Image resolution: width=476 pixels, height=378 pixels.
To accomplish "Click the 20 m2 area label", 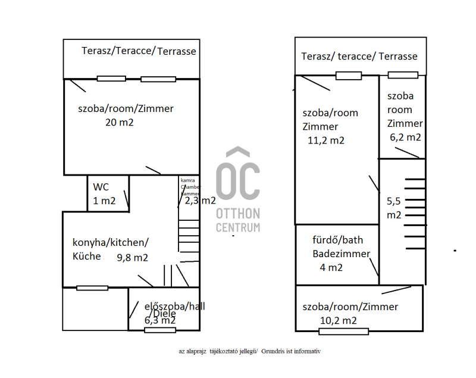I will [119, 123].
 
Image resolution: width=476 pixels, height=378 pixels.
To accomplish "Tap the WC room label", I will [101, 187].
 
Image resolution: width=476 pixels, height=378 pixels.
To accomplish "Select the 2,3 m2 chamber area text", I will [200, 201].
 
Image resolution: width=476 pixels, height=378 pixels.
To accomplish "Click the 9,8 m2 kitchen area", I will [132, 258].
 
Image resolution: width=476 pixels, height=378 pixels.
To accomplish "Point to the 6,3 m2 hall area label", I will [160, 320].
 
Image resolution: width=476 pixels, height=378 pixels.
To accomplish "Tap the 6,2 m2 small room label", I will [405, 137].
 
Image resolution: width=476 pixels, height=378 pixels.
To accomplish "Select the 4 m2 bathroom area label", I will [332, 267].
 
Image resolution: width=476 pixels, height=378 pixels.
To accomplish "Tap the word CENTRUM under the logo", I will [237, 227].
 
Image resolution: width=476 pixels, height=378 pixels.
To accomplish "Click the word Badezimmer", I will [342, 254].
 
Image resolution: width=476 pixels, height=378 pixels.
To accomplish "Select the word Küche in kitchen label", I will [87, 257].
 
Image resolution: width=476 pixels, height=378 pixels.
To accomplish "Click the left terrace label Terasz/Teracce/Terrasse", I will [139, 51].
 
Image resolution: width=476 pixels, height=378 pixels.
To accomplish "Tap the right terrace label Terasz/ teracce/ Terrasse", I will [359, 57].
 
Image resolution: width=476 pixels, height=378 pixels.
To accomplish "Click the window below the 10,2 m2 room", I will [343, 332].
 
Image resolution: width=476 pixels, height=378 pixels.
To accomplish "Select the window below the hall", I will [160, 330].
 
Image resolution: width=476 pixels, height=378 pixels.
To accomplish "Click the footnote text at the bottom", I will [250, 351].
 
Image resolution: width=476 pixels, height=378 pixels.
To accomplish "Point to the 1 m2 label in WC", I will [104, 201].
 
